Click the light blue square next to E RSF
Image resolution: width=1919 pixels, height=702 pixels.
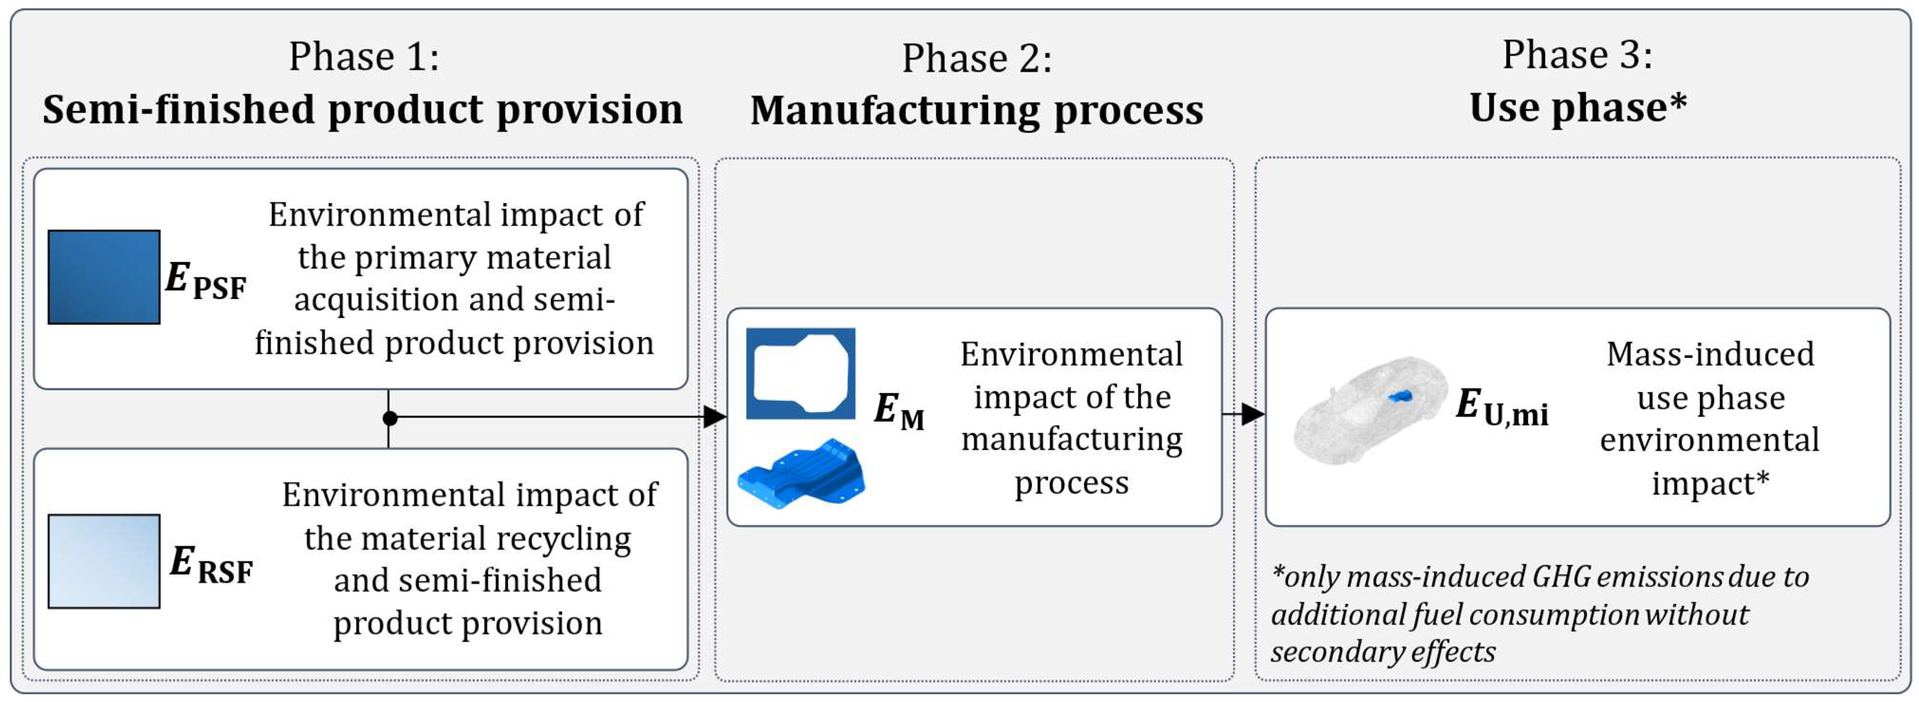coord(103,561)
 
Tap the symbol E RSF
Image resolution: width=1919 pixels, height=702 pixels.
coord(211,565)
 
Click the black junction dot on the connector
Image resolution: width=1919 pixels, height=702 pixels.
coord(389,417)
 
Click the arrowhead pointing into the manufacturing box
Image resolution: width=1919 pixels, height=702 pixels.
coord(714,417)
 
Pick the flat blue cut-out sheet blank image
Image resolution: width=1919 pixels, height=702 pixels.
coord(800,373)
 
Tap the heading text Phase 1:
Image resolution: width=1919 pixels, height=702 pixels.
coord(364,56)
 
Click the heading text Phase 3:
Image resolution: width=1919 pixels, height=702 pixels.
coord(1577,55)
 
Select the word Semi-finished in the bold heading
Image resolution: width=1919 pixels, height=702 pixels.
coord(179,110)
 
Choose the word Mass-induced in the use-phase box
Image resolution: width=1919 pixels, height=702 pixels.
coord(1710,354)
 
